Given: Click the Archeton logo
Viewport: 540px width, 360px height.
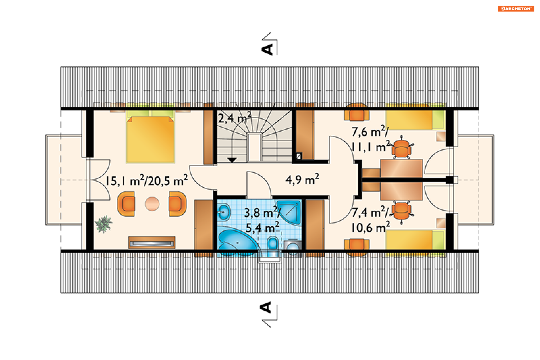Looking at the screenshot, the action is point(516,8).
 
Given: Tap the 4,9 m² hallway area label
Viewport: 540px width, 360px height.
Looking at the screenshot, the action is point(302,179).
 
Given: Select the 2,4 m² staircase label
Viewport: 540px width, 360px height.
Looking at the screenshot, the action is point(235,118).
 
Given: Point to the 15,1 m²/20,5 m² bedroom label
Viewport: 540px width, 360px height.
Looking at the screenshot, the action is point(147,180).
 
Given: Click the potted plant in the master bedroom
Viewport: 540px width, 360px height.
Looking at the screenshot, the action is point(104,224).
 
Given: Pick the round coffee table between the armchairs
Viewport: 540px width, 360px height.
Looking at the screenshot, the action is point(152,204).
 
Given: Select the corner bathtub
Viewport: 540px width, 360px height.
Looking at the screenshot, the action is point(237,241).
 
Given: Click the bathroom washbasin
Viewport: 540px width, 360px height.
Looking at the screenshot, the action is point(224,212).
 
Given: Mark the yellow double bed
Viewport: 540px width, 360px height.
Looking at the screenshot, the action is point(150,136).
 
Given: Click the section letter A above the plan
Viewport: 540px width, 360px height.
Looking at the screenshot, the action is point(267,49).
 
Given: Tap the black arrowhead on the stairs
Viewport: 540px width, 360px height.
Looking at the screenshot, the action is point(232,160).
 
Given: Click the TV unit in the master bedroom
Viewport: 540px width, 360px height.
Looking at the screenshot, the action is point(152,242).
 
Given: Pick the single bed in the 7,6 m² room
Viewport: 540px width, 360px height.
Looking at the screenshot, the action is point(415,120).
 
